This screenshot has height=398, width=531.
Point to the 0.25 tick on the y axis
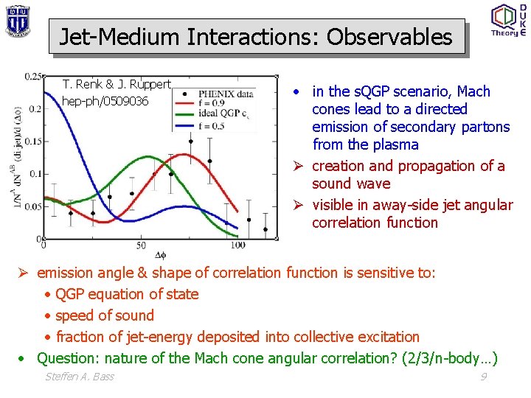tap(32, 76)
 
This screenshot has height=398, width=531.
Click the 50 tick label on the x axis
tap(140, 245)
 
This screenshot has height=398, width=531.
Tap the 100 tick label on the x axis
tap(237, 245)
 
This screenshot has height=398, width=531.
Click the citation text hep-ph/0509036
tap(105, 101)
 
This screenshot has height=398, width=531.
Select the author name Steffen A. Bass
tap(80, 377)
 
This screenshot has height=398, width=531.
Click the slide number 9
tap(483, 377)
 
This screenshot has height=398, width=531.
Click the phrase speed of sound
tap(105, 315)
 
